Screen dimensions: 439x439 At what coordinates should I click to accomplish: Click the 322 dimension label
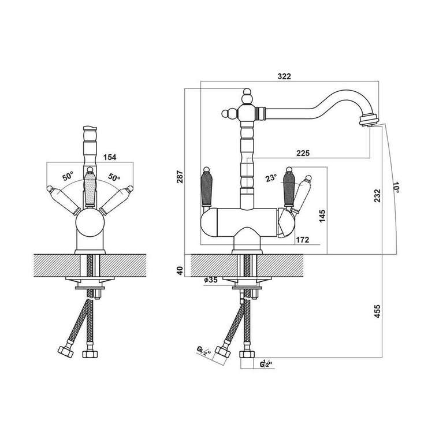click(284, 76)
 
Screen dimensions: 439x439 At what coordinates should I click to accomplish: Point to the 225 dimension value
click(303, 153)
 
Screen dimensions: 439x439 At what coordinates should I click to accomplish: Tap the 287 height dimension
click(180, 176)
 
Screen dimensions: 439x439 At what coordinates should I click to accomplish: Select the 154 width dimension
click(110, 157)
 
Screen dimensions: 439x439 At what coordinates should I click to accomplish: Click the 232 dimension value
click(377, 195)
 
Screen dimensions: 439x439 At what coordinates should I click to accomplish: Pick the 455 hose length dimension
click(377, 311)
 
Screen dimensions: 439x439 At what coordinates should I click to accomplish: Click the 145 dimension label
click(322, 216)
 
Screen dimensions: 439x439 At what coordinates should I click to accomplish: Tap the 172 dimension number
click(303, 240)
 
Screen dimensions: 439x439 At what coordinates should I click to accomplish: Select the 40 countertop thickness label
click(180, 270)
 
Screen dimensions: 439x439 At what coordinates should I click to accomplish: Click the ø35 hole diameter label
click(211, 280)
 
